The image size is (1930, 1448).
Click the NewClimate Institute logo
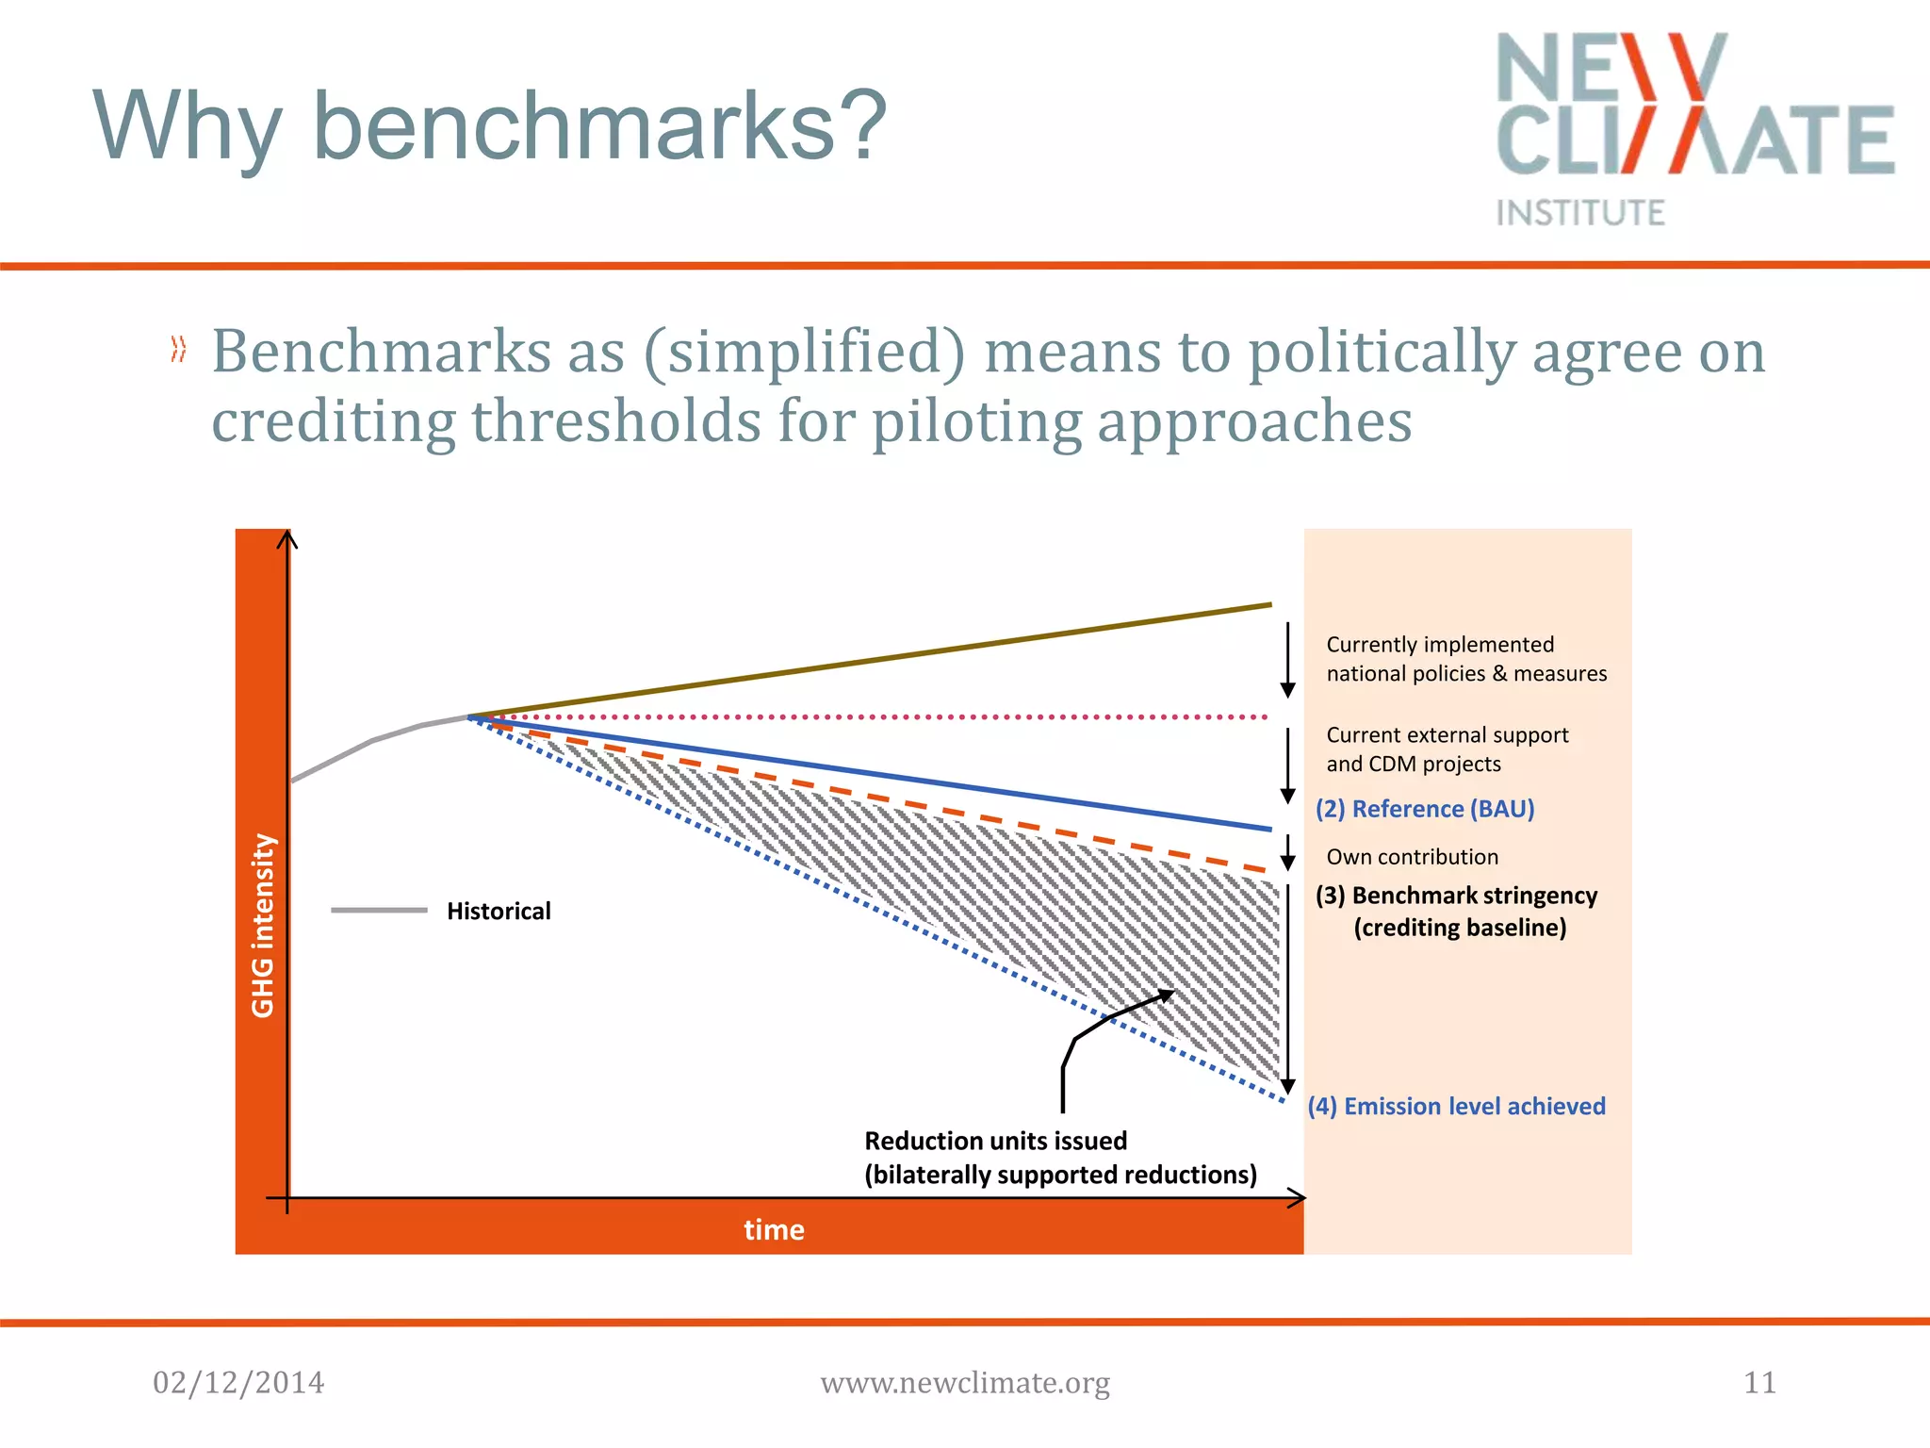coord(1694,128)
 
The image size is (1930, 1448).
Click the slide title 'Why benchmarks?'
coord(490,126)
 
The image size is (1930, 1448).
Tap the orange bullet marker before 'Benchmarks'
coord(178,350)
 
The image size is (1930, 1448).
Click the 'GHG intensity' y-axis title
coord(263,926)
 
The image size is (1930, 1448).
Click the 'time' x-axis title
coord(774,1229)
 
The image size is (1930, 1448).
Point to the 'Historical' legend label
coord(499,911)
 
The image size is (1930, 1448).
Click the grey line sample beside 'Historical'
coord(379,910)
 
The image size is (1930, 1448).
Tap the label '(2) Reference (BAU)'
coord(1425,809)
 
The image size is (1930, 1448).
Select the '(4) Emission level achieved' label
coord(1456,1106)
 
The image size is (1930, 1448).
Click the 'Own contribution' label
coord(1412,857)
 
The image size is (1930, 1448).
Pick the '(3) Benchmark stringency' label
coord(1456,896)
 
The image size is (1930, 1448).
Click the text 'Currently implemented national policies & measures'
coord(1465,659)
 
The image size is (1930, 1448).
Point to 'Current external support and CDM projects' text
coord(1447,749)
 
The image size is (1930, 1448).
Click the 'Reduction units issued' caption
coord(995,1141)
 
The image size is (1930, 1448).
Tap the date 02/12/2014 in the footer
coord(238,1383)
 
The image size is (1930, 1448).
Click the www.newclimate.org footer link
coord(965,1383)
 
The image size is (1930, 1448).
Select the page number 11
coord(1759,1383)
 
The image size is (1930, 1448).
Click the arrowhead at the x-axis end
coord(1299,1198)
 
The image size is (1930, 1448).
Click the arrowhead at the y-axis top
coord(287,537)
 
